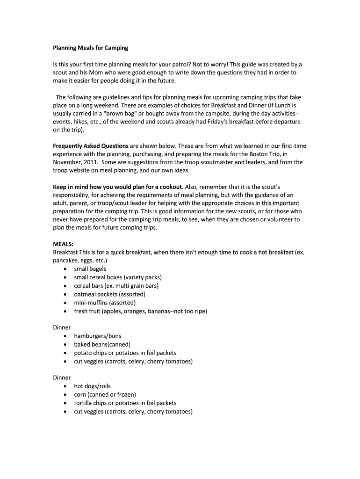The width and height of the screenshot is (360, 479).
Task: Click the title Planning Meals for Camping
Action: pyautogui.click(x=90, y=48)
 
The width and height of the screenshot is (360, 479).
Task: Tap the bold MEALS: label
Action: pyautogui.click(x=63, y=244)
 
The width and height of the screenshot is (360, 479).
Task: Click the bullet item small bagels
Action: pyautogui.click(x=90, y=269)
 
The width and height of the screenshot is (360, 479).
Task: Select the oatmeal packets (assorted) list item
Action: pyautogui.click(x=109, y=294)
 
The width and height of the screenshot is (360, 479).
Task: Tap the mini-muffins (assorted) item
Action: pyautogui.click(x=105, y=303)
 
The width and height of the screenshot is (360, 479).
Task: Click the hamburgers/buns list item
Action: pyautogui.click(x=97, y=336)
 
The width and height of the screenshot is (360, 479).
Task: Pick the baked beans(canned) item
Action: pyautogui.click(x=102, y=344)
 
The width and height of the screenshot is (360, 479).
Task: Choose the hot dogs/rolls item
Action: pyautogui.click(x=92, y=386)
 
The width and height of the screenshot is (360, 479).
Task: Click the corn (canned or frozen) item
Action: pyautogui.click(x=105, y=394)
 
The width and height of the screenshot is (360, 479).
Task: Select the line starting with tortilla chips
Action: pyautogui.click(x=125, y=403)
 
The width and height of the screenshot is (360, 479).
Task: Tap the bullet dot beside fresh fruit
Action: pyautogui.click(x=64, y=312)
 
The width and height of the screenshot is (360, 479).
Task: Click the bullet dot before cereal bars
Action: pyautogui.click(x=64, y=286)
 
